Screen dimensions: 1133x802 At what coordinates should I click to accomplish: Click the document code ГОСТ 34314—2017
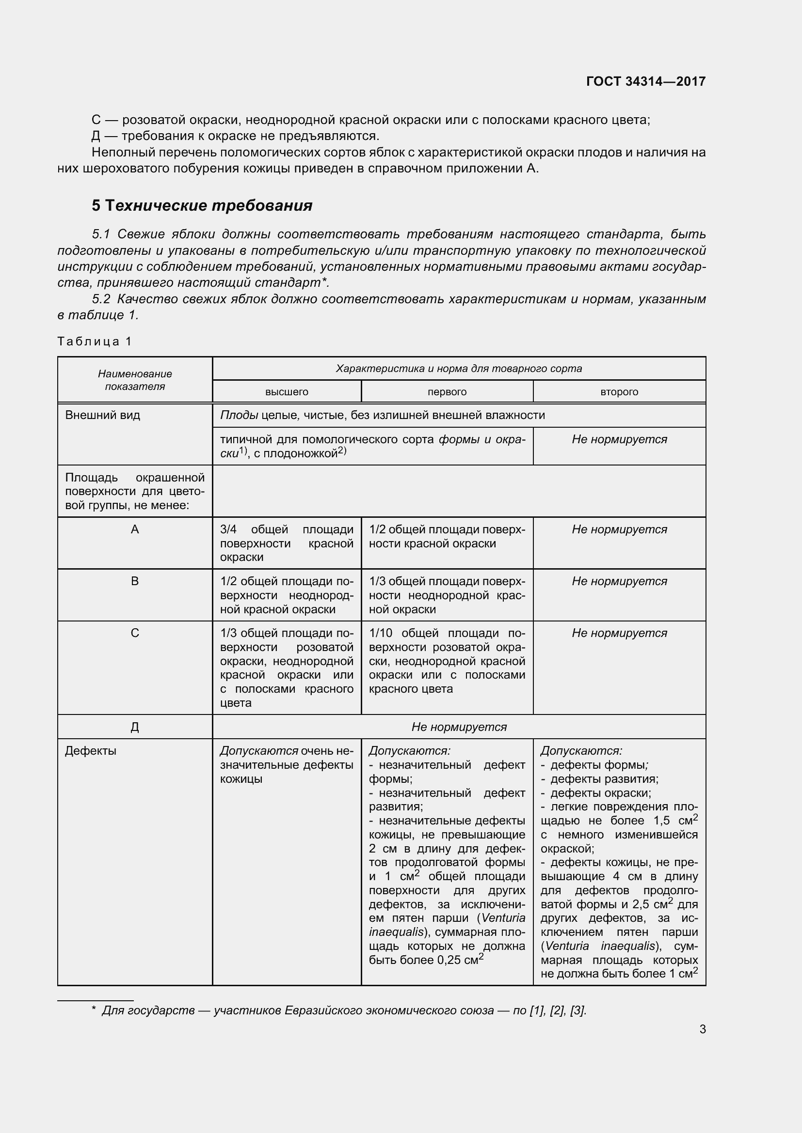[x=645, y=81]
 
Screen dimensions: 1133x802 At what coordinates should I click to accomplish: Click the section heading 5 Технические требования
[x=202, y=205]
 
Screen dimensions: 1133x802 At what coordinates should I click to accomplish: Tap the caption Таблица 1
[x=95, y=341]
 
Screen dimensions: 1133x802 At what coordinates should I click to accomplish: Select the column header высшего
[x=287, y=392]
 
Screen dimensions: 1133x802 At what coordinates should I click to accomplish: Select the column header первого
[x=447, y=392]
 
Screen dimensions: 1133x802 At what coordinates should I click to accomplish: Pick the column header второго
[x=619, y=392]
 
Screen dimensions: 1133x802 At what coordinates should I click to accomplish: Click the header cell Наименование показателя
[x=135, y=380]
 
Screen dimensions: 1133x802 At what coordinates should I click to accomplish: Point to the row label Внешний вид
[x=103, y=415]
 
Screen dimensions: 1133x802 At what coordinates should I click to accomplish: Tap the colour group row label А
[x=135, y=529]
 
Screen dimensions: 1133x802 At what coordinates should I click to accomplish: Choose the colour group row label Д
[x=135, y=728]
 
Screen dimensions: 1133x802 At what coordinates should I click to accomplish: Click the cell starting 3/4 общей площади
[x=287, y=543]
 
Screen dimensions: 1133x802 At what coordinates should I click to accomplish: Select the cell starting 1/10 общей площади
[x=447, y=661]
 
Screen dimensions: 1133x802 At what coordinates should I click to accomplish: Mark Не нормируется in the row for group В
[x=619, y=581]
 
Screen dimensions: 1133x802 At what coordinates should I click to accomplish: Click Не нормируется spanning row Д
[x=459, y=727]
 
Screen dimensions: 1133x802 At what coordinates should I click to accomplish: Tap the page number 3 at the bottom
[x=702, y=1029]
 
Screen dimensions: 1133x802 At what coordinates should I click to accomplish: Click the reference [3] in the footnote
[x=578, y=1010]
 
